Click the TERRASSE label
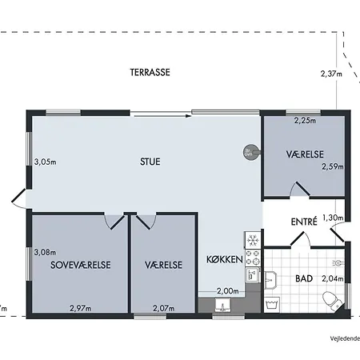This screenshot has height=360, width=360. point(150,72)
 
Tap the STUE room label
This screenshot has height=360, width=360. point(150,162)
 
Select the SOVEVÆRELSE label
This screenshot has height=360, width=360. point(79,265)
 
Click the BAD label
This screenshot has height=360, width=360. point(303,279)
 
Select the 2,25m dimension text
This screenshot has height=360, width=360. point(305,122)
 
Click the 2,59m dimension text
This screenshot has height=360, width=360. point(331,167)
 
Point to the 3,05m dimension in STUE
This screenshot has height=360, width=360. point(46,162)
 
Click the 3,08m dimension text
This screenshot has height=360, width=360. point(46,251)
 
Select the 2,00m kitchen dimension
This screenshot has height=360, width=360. point(228,291)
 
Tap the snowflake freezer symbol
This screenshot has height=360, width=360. point(251,240)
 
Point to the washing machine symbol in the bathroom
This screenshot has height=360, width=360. point(272,304)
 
